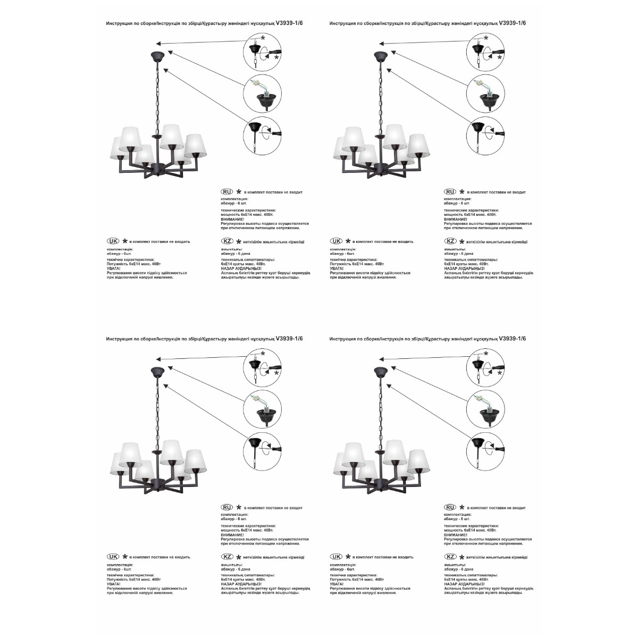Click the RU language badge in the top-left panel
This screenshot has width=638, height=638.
click(226, 191)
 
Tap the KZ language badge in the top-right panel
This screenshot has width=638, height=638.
click(450, 241)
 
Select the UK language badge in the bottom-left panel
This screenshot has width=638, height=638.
click(113, 557)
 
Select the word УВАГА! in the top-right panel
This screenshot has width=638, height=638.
click(337, 268)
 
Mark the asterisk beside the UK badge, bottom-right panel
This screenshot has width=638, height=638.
click(348, 557)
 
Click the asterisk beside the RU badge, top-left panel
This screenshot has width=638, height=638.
click(239, 191)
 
